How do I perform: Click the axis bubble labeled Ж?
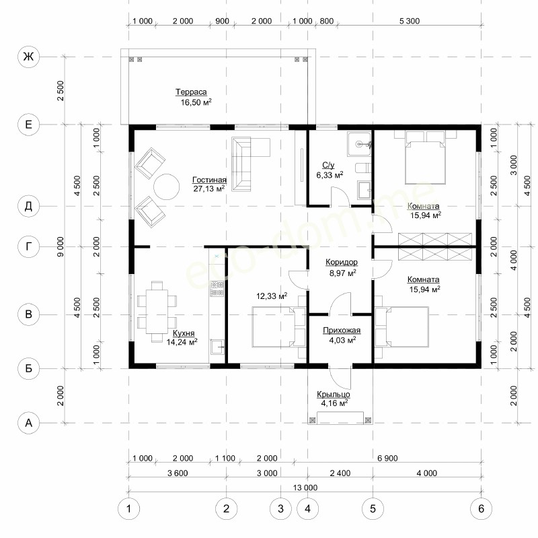click(28, 57)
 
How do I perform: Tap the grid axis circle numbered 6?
click(481, 508)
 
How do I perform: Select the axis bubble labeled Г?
click(28, 246)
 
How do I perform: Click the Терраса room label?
click(191, 92)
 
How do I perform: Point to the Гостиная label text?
click(209, 180)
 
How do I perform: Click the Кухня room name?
click(184, 333)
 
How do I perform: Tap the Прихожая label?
click(342, 330)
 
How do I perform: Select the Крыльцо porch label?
click(333, 395)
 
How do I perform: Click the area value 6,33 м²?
click(330, 175)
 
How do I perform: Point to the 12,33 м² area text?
click(272, 296)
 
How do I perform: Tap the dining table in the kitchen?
click(157, 312)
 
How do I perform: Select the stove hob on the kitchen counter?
click(217, 288)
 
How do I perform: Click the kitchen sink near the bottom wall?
click(217, 347)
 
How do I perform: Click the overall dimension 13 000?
click(305, 487)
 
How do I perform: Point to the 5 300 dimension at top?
click(410, 21)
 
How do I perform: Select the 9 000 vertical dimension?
click(61, 246)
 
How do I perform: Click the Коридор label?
click(342, 262)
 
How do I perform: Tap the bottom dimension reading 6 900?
click(387, 458)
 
